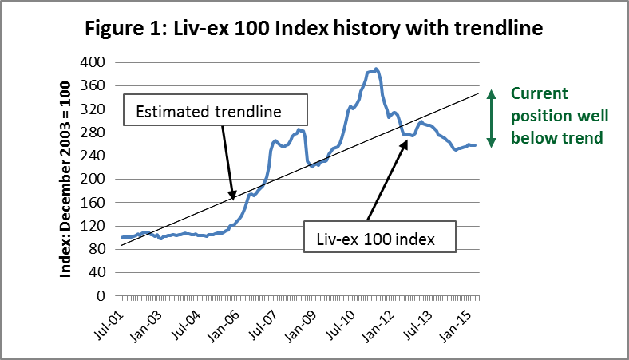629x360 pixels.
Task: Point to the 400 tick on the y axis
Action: pyautogui.click(x=93, y=62)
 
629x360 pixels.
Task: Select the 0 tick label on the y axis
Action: pyautogui.click(x=101, y=296)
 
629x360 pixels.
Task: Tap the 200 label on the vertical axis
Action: pyautogui.click(x=93, y=179)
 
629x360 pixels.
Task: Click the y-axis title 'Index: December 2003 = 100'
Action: pyautogui.click(x=65, y=180)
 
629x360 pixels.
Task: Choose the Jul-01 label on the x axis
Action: pyautogui.click(x=109, y=325)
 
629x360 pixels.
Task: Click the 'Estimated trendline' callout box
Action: pyautogui.click(x=216, y=110)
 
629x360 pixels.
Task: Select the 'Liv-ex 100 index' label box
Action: pyautogui.click(x=379, y=237)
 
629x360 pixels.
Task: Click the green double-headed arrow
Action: pyautogui.click(x=492, y=118)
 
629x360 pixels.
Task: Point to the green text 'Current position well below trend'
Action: pyautogui.click(x=560, y=116)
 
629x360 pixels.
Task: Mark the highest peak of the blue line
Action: pyautogui.click(x=376, y=69)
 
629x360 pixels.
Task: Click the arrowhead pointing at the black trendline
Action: pyautogui.click(x=231, y=195)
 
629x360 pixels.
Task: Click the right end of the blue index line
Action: pyautogui.click(x=476, y=145)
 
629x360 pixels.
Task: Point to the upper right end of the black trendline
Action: pyautogui.click(x=479, y=93)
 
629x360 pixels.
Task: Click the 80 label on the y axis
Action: pyautogui.click(x=97, y=249)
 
